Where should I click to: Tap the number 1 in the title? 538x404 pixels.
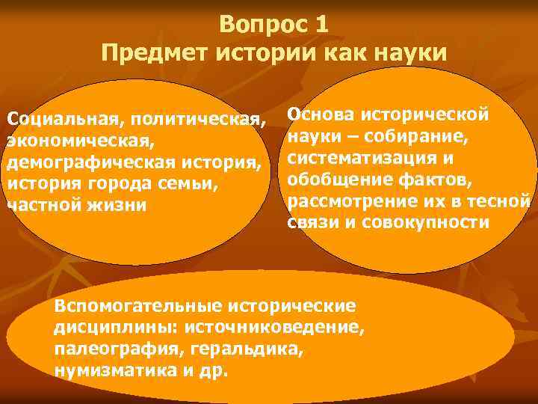(321, 25)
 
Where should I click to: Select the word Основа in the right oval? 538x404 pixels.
(321, 114)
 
